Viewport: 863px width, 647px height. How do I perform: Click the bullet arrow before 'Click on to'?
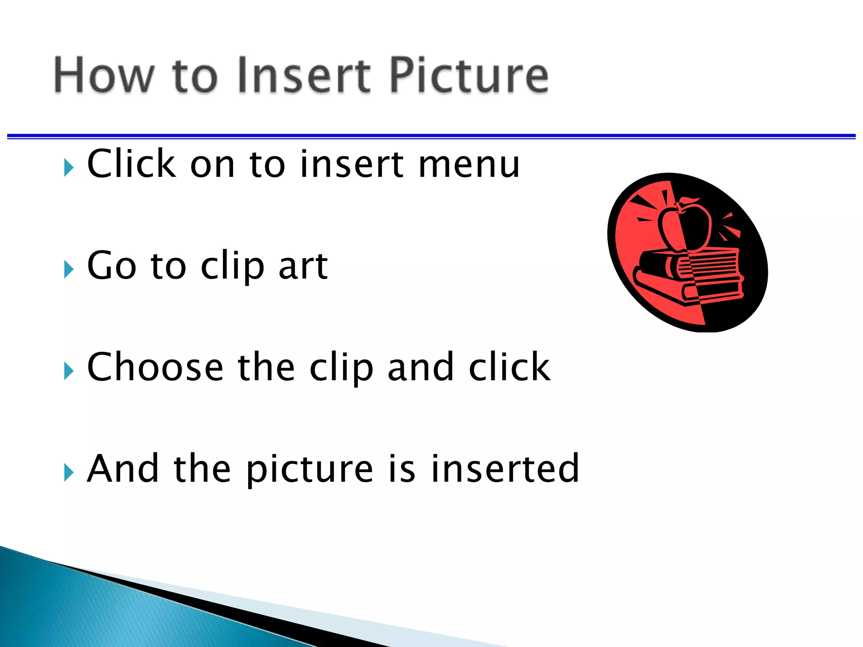coord(68,168)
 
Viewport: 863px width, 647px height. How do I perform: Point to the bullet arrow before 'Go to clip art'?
coord(68,269)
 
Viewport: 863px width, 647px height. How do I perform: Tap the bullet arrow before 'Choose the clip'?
coord(68,371)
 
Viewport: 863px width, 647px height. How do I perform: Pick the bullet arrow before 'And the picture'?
coord(68,472)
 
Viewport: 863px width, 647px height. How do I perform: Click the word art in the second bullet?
coord(303,266)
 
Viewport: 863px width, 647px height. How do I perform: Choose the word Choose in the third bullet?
coord(155,367)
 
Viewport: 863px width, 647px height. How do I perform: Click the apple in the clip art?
coord(685,227)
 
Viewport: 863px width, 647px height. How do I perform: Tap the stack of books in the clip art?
coord(689,276)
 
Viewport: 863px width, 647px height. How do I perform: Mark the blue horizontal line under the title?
coord(431,136)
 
